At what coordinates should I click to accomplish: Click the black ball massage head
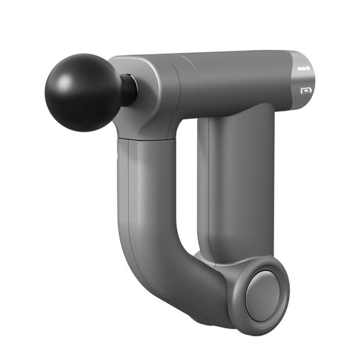pyautogui.click(x=83, y=93)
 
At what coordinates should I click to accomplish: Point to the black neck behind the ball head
pyautogui.click(x=128, y=90)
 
